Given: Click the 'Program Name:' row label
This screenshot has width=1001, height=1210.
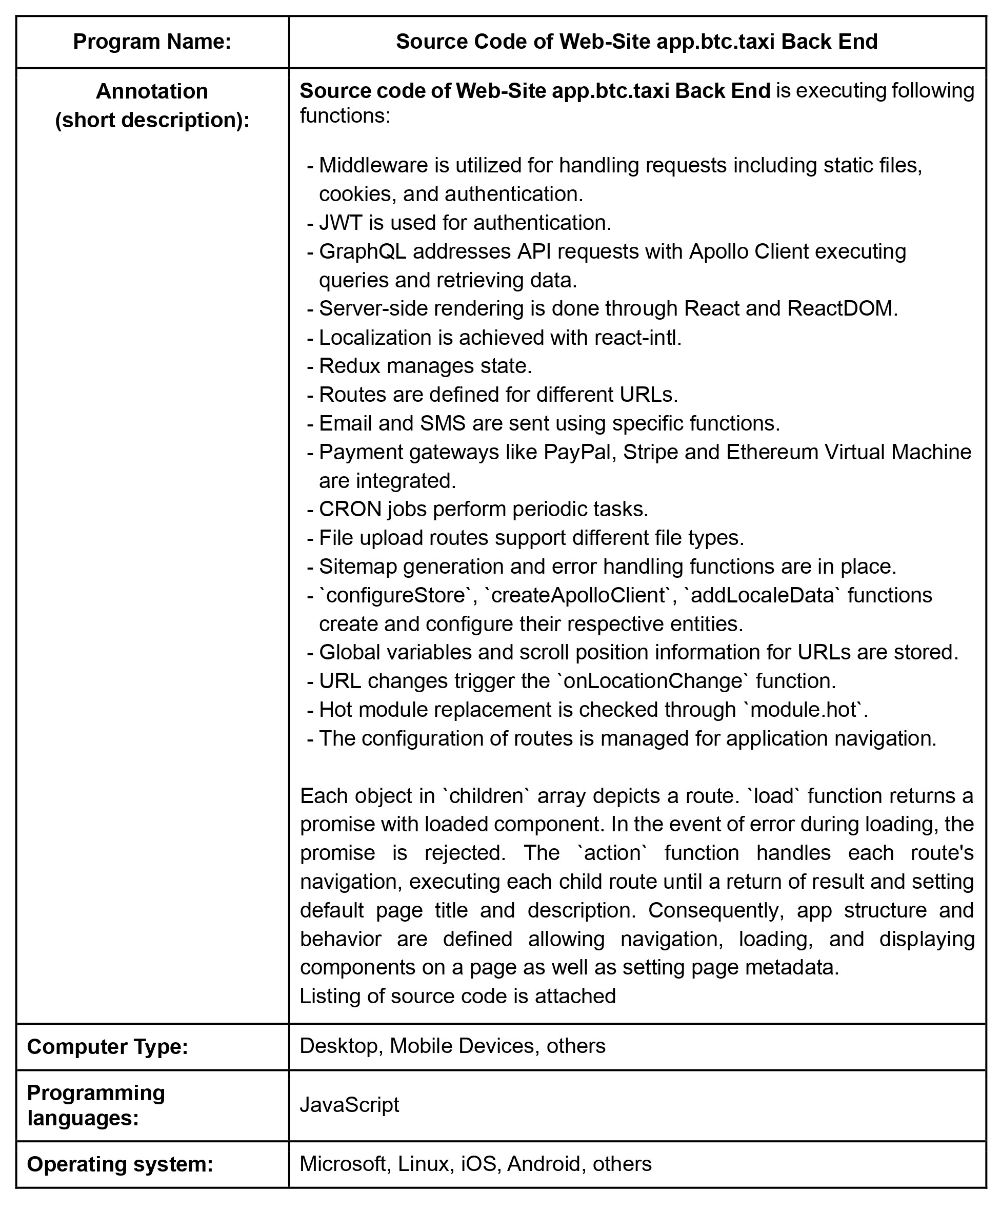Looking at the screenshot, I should [152, 42].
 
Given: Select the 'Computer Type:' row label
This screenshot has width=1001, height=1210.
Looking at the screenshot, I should [107, 1046].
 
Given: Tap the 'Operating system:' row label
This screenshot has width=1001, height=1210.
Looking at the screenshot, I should [120, 1164].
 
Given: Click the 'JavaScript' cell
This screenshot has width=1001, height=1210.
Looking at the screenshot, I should [349, 1105].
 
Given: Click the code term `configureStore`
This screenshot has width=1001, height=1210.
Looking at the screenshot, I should [396, 595].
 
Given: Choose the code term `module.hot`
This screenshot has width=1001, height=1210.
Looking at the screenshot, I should [804, 709].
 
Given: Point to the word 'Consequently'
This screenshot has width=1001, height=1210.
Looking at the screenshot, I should [714, 910].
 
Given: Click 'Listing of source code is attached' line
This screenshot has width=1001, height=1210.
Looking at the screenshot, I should [458, 996].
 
